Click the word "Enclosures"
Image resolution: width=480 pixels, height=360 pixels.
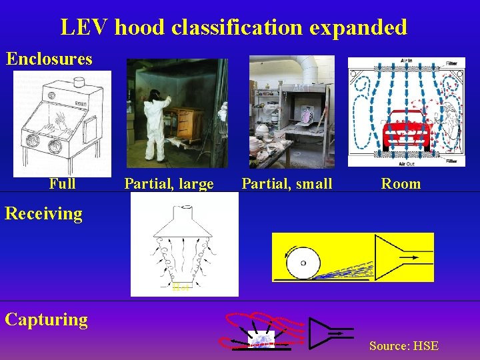[49, 59]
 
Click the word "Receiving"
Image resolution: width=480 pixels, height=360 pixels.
[43, 213]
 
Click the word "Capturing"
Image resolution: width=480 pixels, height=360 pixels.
[46, 319]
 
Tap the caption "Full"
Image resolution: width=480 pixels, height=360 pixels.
[62, 183]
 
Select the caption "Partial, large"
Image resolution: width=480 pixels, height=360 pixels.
[169, 183]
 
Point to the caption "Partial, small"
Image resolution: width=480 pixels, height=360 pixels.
[287, 183]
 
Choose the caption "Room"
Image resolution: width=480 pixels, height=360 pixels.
[401, 183]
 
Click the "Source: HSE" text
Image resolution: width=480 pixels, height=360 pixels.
[404, 345]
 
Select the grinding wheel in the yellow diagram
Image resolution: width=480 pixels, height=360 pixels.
[303, 263]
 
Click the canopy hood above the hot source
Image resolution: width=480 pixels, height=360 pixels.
[182, 223]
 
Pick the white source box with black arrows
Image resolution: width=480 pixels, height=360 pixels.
[261, 340]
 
